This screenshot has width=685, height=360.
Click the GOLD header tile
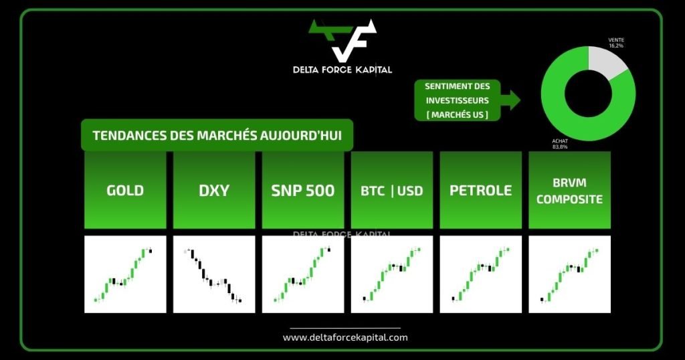coord(125,190)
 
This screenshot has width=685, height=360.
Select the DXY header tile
coord(214,190)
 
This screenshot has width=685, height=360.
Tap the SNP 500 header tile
coord(303,190)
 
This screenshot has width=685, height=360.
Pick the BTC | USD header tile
coord(392,190)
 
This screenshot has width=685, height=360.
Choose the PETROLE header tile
coord(480,190)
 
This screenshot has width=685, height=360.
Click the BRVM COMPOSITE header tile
coord(570,190)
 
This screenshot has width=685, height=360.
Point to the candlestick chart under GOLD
coord(125,274)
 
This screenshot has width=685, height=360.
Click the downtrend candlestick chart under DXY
coord(214,274)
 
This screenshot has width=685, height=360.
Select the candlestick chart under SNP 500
coord(303,274)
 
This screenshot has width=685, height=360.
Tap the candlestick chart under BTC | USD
coord(392,274)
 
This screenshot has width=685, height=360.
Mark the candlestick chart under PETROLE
coord(480,274)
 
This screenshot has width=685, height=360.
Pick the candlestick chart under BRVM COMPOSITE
coord(570,274)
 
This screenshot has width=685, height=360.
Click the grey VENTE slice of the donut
coord(604,62)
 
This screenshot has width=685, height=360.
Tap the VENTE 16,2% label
coord(616,43)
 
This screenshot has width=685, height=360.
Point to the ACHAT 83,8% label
coord(560,144)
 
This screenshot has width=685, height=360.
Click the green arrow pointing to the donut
coord(510,100)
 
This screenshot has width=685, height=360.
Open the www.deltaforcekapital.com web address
coord(345,337)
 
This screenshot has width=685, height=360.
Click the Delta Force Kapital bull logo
coord(342,40)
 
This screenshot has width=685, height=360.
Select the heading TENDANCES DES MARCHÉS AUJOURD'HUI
coord(217,135)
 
